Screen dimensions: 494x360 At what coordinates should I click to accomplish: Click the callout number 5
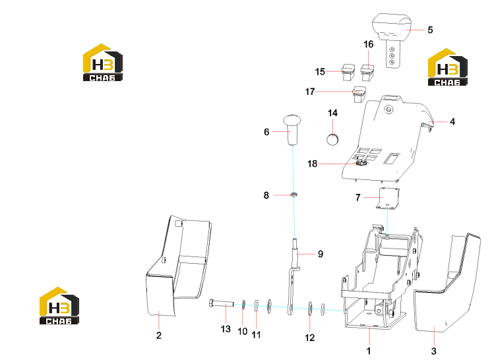[431, 30]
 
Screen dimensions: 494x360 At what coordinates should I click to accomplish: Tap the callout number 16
[368, 44]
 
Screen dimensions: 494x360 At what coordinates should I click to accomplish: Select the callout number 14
[332, 113]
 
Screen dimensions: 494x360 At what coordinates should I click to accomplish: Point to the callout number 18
[312, 164]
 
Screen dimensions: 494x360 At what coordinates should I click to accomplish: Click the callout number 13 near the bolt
[226, 329]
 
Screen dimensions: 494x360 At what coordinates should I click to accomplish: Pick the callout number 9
[321, 254]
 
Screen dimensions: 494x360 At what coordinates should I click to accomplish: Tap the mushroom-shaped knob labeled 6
[292, 129]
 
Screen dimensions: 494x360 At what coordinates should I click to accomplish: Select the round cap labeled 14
[332, 139]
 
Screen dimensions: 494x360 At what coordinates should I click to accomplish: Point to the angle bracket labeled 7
[388, 198]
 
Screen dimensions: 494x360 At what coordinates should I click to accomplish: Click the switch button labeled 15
[348, 72]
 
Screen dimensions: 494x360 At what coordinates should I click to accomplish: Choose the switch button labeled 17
[359, 94]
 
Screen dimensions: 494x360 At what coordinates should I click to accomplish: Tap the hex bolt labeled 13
[221, 303]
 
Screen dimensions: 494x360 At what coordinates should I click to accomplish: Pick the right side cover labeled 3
[447, 284]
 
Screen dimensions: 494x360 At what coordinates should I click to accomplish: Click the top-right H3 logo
[447, 67]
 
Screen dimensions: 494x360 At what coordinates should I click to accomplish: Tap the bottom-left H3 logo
[59, 305]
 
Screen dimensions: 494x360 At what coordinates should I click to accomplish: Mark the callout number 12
[310, 338]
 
